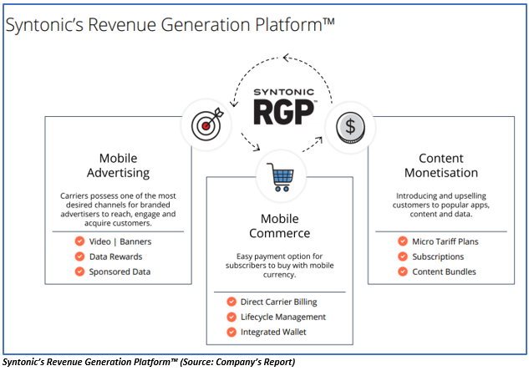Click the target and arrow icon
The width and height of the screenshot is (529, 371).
click(207, 125)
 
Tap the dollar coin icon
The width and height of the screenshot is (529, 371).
click(350, 128)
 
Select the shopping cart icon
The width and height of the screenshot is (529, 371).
click(280, 177)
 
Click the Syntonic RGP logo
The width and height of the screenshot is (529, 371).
click(284, 106)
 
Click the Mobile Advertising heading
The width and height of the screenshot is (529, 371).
click(119, 165)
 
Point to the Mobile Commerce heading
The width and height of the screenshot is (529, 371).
click(280, 226)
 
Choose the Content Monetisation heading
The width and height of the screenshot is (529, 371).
click(441, 165)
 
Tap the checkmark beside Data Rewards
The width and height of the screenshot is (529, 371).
click(79, 257)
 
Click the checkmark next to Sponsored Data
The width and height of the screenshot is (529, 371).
click(79, 272)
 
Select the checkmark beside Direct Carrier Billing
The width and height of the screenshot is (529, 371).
click(231, 302)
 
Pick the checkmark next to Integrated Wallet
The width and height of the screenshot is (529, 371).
click(231, 332)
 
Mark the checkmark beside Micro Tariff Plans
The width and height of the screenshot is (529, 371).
click(403, 241)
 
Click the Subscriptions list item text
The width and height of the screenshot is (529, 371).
click(438, 257)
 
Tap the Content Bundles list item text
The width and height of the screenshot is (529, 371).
click(444, 272)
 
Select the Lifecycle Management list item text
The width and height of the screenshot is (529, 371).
click(283, 318)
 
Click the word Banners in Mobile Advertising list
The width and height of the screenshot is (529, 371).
click(135, 241)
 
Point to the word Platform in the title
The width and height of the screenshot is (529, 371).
click(288, 25)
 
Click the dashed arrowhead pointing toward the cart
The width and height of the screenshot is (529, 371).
click(257, 147)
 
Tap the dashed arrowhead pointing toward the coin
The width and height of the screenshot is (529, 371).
click(318, 140)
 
